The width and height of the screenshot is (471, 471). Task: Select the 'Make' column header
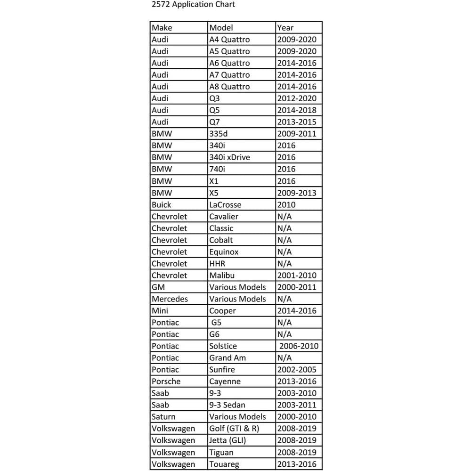click(162, 28)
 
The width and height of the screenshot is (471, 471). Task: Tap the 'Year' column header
click(285, 28)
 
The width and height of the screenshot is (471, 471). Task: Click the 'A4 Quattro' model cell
click(229, 40)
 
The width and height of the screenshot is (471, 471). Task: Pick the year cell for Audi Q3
click(296, 98)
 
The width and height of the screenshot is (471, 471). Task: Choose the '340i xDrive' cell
click(229, 157)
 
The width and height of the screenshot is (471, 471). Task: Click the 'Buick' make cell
click(162, 205)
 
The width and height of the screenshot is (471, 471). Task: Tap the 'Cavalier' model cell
click(224, 217)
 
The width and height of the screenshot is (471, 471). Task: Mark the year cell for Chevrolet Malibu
click(296, 276)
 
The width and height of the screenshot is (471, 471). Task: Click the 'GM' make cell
click(158, 287)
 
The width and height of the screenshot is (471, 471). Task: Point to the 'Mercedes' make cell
click(170, 299)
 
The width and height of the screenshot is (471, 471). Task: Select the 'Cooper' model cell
click(222, 311)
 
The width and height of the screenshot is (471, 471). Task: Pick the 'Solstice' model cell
click(223, 346)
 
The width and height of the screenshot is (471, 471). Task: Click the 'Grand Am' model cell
click(227, 358)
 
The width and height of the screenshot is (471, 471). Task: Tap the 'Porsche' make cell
click(166, 382)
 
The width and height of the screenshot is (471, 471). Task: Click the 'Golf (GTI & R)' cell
click(233, 429)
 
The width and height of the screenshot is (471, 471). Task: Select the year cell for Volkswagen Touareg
click(296, 464)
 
